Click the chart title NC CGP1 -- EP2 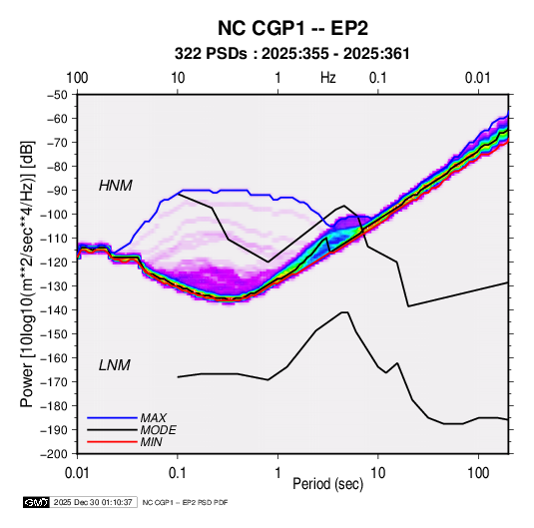(292, 28)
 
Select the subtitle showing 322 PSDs (291, 54)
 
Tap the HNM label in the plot (116, 186)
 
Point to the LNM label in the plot (115, 365)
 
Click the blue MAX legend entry (127, 417)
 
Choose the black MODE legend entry (132, 430)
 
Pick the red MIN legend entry (125, 442)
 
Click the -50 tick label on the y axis (57, 95)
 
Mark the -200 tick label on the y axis (55, 454)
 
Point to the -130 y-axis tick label (55, 285)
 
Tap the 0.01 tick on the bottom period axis (77, 473)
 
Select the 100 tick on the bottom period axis (478, 473)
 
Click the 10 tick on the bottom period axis (377, 473)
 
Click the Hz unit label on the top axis (328, 78)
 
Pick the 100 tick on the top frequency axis (77, 78)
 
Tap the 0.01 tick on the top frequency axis (478, 78)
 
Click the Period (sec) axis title (328, 484)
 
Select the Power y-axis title (27, 273)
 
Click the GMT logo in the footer (37, 502)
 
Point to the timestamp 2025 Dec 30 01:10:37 (93, 502)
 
